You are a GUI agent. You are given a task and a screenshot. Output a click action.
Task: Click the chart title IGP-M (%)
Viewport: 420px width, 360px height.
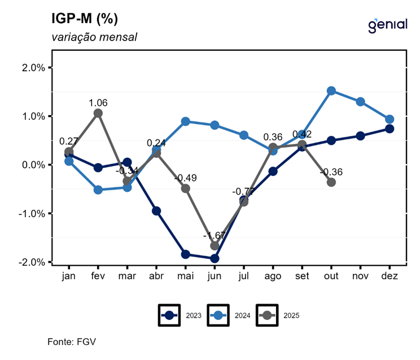pos(84,19)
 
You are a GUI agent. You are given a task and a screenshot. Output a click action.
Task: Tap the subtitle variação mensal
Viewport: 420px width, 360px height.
pos(94,37)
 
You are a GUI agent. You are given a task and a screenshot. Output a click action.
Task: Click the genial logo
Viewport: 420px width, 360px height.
pos(387,24)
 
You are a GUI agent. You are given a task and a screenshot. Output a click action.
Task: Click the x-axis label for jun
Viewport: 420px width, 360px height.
pos(215,276)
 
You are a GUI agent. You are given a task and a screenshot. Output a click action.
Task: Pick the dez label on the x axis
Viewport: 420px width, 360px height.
pos(390,276)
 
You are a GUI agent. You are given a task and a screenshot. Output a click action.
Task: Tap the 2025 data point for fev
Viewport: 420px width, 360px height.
pos(98,113)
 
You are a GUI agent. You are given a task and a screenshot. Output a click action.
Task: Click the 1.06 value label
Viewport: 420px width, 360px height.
pos(98,103)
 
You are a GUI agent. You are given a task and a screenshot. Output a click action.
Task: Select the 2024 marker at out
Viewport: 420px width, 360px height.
pos(331,91)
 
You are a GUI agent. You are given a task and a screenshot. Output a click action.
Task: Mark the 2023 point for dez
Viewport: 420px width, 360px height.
pos(390,129)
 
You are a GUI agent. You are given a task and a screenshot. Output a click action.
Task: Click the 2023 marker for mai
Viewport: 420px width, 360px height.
pos(185,254)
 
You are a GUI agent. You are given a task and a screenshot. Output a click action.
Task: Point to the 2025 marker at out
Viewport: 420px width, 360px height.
pos(331,182)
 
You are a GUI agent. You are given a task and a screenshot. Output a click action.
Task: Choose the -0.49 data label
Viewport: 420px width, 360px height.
pos(185,178)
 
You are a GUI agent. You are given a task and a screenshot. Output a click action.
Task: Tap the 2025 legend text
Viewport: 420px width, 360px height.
pos(291,315)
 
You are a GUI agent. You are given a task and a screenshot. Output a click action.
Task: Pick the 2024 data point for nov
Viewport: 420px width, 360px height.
pos(361,102)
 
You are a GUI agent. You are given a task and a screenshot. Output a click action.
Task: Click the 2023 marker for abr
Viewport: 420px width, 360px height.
pos(156,211)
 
